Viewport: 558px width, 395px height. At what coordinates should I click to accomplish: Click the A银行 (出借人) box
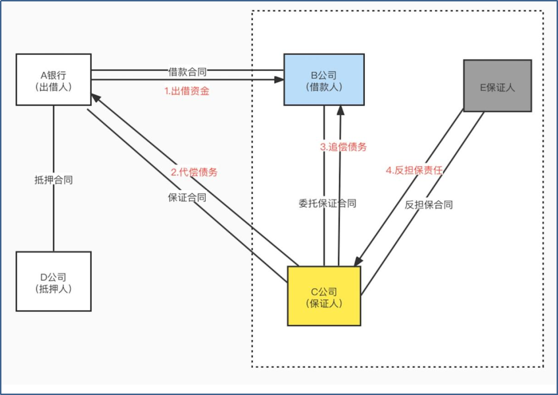coord(53,80)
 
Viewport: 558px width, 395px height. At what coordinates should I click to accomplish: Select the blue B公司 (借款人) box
coord(324,79)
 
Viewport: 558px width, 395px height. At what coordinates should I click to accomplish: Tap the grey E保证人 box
coord(497,86)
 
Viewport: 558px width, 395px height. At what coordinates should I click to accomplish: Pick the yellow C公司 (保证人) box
coord(324,296)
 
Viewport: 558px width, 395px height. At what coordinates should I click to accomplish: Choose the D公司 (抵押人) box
coord(53,281)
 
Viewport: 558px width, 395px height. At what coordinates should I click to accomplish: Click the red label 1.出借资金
coord(187,92)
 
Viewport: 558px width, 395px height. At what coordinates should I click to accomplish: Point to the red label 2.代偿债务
coord(194,172)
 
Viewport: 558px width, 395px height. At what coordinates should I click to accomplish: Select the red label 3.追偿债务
coord(344,147)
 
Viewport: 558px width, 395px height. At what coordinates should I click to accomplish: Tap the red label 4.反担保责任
coord(414,170)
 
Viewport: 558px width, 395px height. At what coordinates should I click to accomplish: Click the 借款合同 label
coord(188,72)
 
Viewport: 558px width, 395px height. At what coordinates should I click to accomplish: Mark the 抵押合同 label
coord(53,180)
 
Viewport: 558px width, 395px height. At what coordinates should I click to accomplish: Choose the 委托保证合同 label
coord(328,203)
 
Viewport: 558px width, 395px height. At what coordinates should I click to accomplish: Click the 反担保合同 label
coord(429,205)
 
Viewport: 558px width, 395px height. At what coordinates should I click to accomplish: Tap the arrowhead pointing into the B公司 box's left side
coord(280,80)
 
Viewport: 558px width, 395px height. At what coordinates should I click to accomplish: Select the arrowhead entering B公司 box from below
coord(340,109)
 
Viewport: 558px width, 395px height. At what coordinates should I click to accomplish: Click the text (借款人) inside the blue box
coord(324,87)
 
